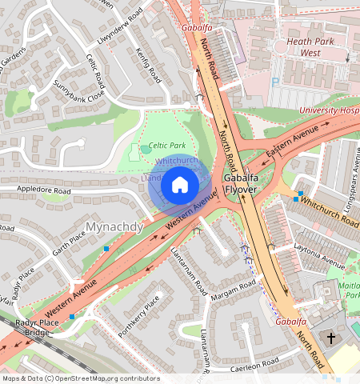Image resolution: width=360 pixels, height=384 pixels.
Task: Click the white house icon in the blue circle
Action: tap(180, 186)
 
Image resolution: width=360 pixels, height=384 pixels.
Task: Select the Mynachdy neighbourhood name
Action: tap(114, 227)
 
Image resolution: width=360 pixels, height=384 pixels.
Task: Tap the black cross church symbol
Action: tap(331, 338)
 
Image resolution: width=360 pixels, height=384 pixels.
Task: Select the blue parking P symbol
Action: tap(276, 82)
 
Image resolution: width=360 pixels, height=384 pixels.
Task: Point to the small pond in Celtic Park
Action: tap(144, 149)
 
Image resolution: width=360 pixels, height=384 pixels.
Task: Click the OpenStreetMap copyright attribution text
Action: tap(81, 378)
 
